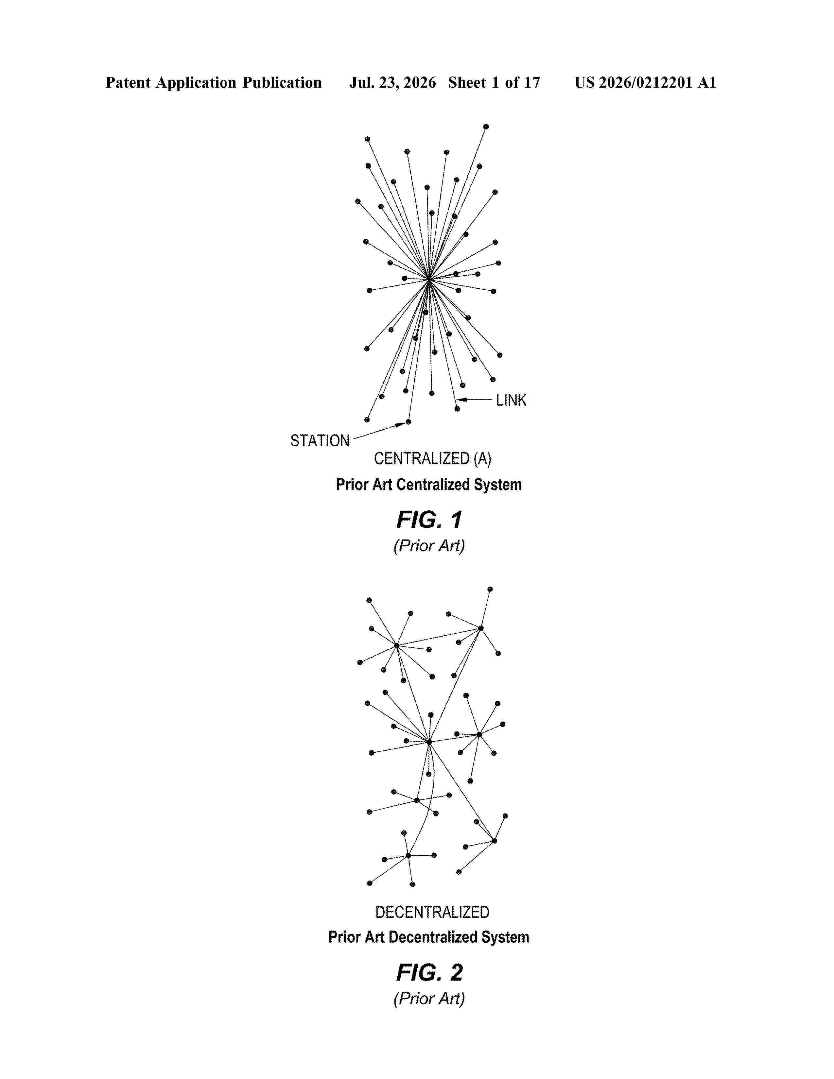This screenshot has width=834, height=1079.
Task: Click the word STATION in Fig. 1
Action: pos(320,441)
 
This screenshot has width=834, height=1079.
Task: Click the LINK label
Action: pos(512,400)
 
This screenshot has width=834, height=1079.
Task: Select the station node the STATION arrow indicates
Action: pos(408,422)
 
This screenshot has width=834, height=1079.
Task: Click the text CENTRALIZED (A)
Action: pos(432,459)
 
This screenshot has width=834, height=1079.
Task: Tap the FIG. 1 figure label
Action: pos(429,520)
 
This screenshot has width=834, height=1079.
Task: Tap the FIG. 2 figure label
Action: pos(429,972)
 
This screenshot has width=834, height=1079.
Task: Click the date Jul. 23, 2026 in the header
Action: pos(393,82)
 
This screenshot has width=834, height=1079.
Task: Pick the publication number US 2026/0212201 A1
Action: pos(645,82)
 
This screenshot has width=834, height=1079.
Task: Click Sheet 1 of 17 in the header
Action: pos(494,82)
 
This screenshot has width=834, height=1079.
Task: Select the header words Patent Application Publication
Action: pos(214,82)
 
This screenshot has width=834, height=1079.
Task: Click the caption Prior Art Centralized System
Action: pos(429,485)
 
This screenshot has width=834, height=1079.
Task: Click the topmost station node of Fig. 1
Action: pos(486,127)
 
